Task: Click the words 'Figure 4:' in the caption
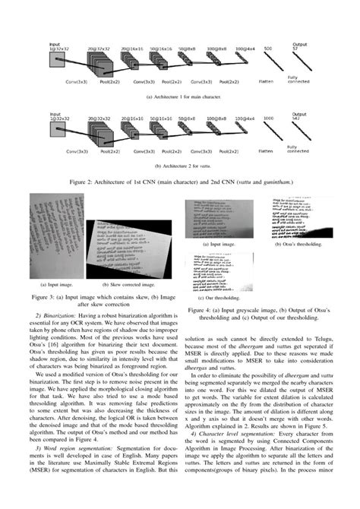pyautogui.click(x=199, y=311)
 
